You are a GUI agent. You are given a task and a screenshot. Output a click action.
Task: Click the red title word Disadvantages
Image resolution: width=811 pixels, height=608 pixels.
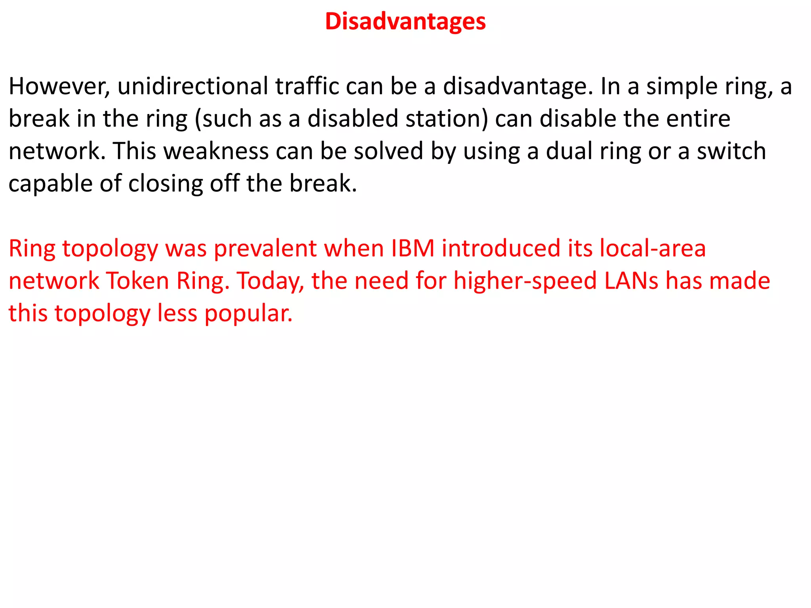tap(405, 21)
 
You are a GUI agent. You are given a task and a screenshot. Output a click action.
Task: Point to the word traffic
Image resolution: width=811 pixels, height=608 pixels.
tap(307, 87)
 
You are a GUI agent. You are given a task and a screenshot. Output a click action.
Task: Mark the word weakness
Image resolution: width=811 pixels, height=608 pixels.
tap(216, 151)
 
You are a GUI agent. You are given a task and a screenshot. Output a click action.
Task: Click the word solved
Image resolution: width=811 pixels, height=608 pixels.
tap(388, 151)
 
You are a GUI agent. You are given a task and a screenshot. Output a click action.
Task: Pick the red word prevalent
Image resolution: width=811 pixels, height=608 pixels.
tap(265, 249)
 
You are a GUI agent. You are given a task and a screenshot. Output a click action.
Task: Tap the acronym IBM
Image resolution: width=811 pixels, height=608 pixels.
tap(413, 249)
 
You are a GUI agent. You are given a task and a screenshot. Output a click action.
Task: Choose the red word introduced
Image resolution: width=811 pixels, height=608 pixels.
tap(501, 249)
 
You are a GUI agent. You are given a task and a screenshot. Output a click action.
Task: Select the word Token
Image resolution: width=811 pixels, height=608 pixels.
tap(137, 281)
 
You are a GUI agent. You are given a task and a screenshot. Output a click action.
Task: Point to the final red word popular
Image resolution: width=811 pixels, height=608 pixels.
tap(248, 314)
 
